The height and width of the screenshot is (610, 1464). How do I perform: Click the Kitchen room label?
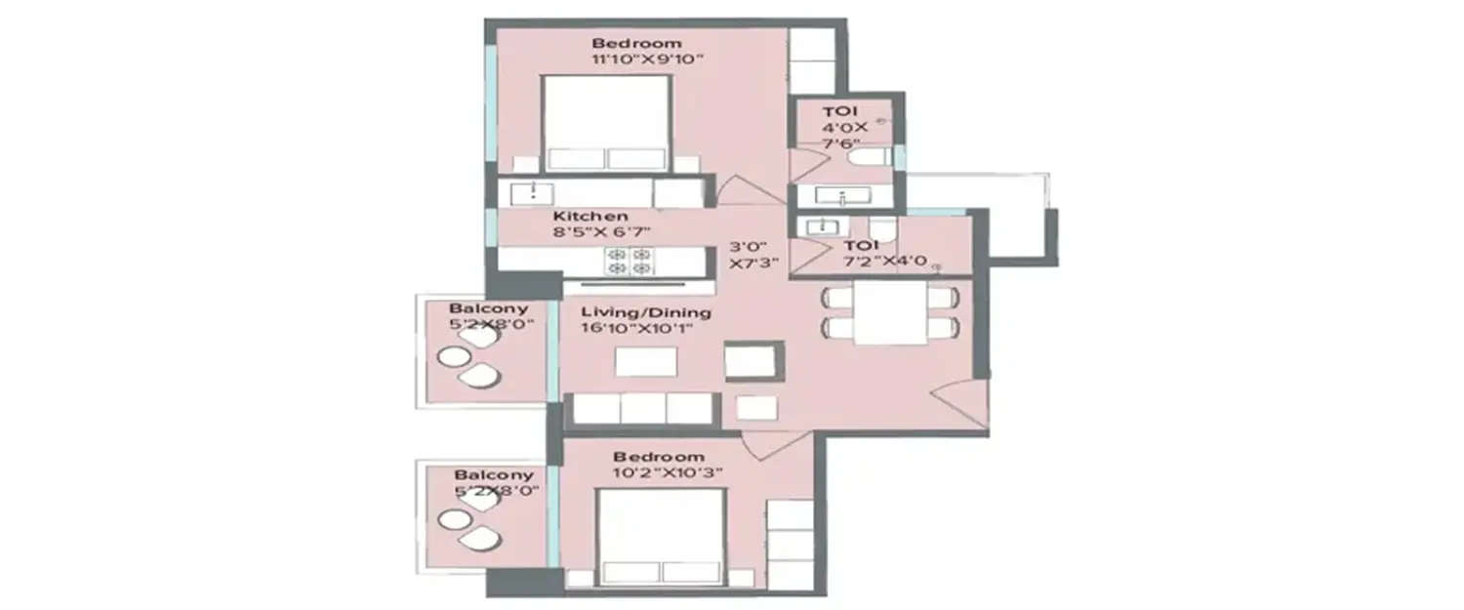click(x=590, y=216)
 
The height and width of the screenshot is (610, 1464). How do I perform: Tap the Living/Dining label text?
click(x=646, y=312)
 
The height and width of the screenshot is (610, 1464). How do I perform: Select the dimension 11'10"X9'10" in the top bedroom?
click(x=647, y=60)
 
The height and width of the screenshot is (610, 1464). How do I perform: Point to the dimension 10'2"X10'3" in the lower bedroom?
click(x=659, y=473)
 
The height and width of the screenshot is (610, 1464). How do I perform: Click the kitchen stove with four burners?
click(x=629, y=261)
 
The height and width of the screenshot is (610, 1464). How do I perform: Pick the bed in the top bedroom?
click(x=606, y=124)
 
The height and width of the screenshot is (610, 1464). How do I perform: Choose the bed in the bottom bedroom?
click(x=661, y=537)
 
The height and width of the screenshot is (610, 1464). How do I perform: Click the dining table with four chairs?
click(x=889, y=312)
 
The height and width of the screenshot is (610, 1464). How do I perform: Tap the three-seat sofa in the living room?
click(x=642, y=408)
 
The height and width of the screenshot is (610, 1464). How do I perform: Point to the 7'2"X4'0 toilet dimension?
click(x=885, y=261)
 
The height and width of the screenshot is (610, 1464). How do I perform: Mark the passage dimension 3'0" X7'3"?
click(x=752, y=255)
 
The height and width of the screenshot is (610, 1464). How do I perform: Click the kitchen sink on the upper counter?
click(x=533, y=192)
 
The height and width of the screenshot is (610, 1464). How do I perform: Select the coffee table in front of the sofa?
click(x=646, y=362)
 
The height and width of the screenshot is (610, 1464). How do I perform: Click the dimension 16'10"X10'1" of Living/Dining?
click(x=638, y=329)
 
